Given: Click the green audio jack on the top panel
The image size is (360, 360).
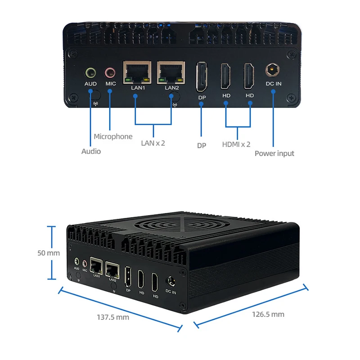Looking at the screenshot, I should point(90,72).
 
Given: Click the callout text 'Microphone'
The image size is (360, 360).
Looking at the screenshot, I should point(113,136).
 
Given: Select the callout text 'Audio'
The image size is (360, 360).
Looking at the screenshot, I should point(91,151).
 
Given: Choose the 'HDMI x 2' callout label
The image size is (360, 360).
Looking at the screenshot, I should point(236,144).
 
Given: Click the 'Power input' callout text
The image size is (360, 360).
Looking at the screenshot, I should point(274,153).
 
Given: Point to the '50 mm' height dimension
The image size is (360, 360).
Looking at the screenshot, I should point(48,253).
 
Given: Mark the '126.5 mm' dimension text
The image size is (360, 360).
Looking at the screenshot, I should point(268,314).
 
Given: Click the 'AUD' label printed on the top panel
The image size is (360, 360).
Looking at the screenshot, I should point(90,84).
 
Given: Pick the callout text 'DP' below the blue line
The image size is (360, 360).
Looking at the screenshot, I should point(201,145).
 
